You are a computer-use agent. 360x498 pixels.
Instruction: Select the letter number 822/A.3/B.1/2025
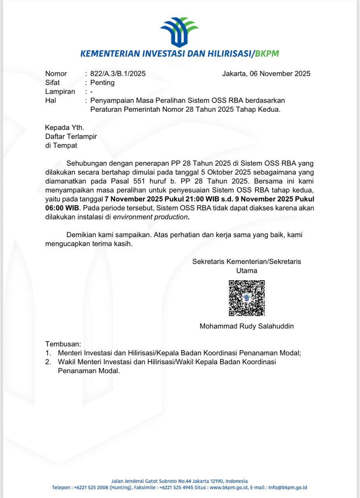pos(118,74)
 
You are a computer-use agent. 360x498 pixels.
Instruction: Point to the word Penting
pos(102,82)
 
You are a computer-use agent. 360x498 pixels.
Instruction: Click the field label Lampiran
pos(60,92)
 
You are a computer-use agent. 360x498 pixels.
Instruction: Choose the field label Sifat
pos(53,82)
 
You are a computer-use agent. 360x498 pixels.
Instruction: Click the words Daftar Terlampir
pos(71,136)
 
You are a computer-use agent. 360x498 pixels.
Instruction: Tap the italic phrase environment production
pos(150,217)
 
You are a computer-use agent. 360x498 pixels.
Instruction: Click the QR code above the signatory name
pos(246,298)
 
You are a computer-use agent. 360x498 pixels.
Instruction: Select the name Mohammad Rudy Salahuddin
pos(246,326)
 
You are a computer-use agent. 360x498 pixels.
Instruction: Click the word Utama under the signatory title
pos(246,271)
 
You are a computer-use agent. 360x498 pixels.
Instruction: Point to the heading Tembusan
pos(63,344)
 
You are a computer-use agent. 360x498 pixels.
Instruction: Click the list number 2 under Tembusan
pos(48,362)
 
